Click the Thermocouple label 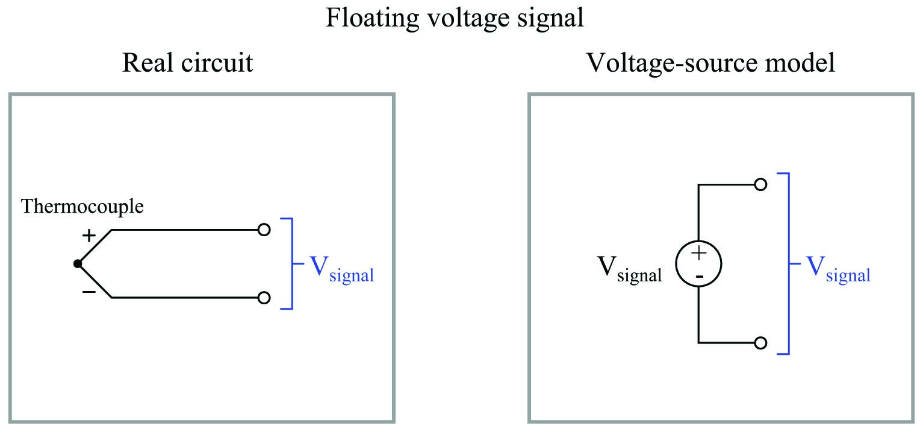point(82,207)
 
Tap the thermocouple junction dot point(78,263)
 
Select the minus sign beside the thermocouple point(89,292)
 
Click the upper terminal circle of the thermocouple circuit point(263,230)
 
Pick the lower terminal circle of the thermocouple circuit point(263,298)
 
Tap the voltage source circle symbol point(698,264)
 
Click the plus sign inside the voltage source point(698,254)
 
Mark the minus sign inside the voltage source point(698,275)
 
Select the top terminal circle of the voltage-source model point(760,184)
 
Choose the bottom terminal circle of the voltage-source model point(760,343)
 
